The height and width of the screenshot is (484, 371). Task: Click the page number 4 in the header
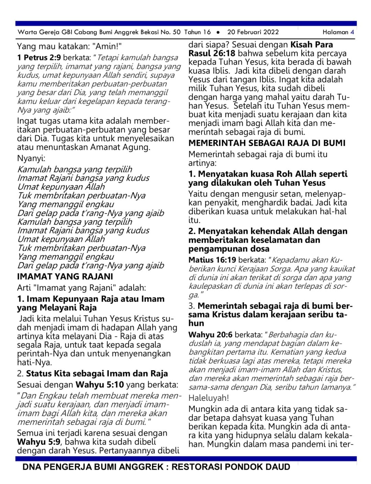[x=352, y=32]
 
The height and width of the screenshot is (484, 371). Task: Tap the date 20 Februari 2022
[x=253, y=32]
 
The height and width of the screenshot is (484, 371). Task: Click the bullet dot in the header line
[x=218, y=32]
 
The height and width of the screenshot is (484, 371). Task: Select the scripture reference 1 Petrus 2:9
[x=39, y=57]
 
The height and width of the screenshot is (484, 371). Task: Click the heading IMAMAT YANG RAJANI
[x=65, y=276]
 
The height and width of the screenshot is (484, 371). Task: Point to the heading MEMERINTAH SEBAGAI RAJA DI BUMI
[x=267, y=143]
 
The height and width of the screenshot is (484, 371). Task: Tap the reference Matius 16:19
[x=212, y=260]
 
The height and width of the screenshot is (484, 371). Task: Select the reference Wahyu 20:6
[x=210, y=334]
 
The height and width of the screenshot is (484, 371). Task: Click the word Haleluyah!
[x=209, y=398]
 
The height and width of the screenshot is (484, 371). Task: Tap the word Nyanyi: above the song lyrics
[x=31, y=158]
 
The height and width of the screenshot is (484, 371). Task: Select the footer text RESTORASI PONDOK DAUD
[x=231, y=467]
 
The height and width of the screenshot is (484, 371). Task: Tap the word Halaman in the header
[x=335, y=32]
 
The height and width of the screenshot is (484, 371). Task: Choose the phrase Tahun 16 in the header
[x=198, y=32]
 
